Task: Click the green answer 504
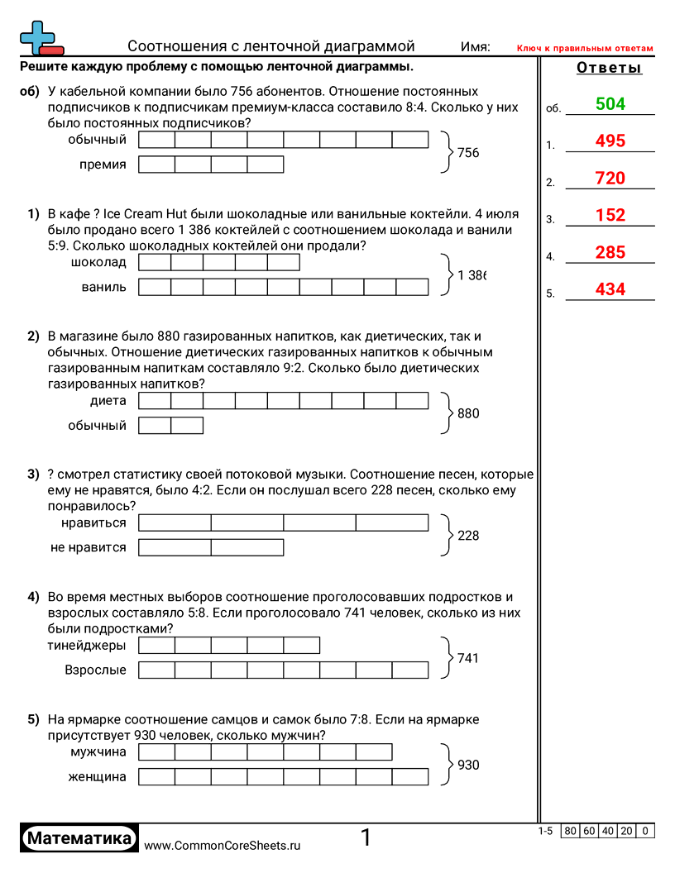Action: (x=610, y=104)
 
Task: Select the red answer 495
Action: (x=610, y=141)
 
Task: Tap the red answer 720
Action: (x=610, y=179)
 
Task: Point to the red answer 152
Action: (x=610, y=216)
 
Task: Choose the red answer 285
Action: (x=610, y=253)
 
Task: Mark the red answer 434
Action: (x=610, y=290)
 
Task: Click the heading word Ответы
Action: (x=609, y=68)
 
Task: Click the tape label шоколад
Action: (x=100, y=263)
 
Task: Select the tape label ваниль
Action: (x=104, y=287)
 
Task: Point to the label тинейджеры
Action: (x=87, y=645)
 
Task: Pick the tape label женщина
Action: (x=98, y=776)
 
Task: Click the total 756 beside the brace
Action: (x=468, y=153)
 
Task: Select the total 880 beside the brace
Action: (x=468, y=413)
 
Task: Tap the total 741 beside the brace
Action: (x=468, y=658)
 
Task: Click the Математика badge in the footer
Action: (x=79, y=838)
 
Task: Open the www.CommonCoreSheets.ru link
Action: (x=222, y=845)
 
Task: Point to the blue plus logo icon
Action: (x=37, y=36)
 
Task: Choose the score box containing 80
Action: (x=570, y=831)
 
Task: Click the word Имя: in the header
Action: (x=476, y=47)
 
